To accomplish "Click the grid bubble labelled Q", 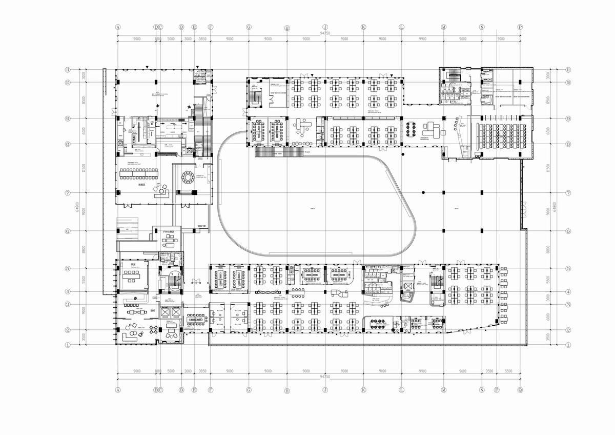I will pyautogui.click(x=520, y=390).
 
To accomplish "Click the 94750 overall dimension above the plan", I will pyautogui.click(x=324, y=33).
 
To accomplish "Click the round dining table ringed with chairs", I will pyautogui.click(x=188, y=178).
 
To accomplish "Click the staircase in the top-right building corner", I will pyautogui.click(x=453, y=77).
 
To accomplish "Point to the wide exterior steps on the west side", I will pyautogui.click(x=126, y=226).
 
